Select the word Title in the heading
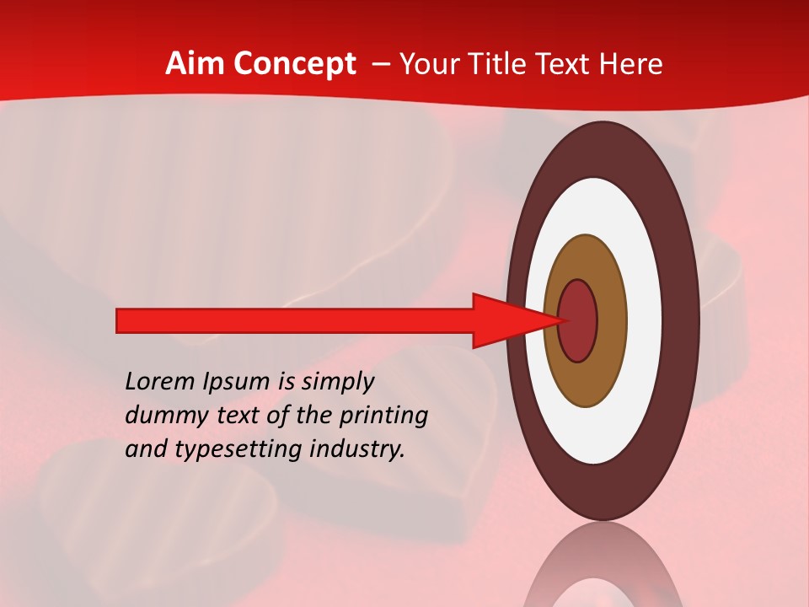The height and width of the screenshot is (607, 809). click(x=506, y=64)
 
